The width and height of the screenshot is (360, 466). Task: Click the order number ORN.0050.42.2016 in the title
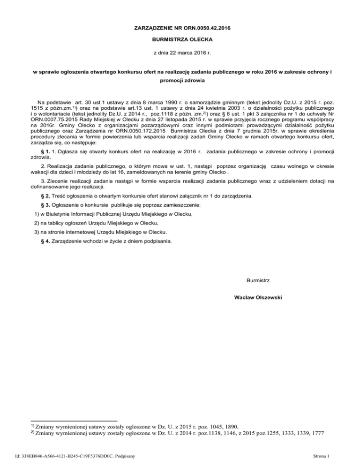206,28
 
